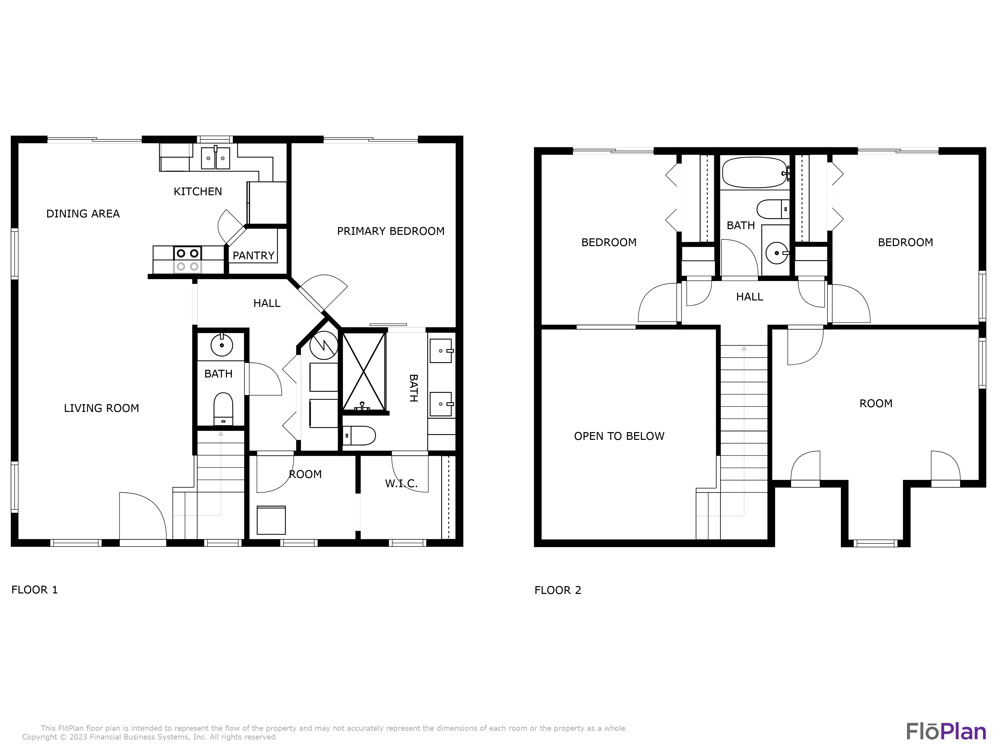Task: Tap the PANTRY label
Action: coord(253,256)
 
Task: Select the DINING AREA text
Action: coord(83,214)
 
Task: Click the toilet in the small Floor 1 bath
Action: coord(223,408)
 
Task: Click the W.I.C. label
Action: coord(401,484)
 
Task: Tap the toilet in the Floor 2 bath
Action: coord(772,209)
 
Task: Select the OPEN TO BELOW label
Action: coord(619,436)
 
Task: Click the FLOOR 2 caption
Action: coord(558,590)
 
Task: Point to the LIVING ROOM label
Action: coord(101,408)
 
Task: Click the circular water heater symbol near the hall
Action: coord(324,345)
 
